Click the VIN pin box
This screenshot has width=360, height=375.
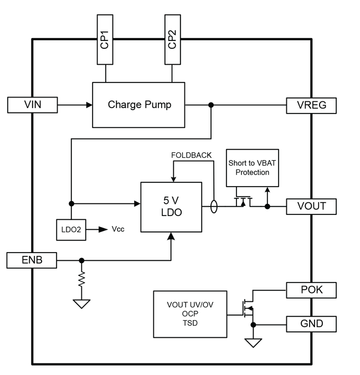click(x=32, y=105)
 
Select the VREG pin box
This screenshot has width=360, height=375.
click(x=311, y=105)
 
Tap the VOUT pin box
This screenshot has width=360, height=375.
click(x=311, y=206)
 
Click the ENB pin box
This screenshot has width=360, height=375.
click(x=32, y=260)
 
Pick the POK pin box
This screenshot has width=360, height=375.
click(x=311, y=290)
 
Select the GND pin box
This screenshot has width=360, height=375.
click(x=311, y=323)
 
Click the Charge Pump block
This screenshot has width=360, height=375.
click(x=138, y=105)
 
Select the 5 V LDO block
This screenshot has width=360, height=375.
click(x=171, y=207)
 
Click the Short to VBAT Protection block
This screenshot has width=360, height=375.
click(x=252, y=168)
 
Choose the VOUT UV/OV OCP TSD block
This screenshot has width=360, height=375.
click(x=189, y=314)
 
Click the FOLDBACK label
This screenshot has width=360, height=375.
click(x=191, y=155)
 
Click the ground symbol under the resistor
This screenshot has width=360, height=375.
click(x=82, y=304)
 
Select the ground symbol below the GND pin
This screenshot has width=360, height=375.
click(x=254, y=343)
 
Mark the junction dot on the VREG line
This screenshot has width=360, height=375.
click(x=210, y=105)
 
